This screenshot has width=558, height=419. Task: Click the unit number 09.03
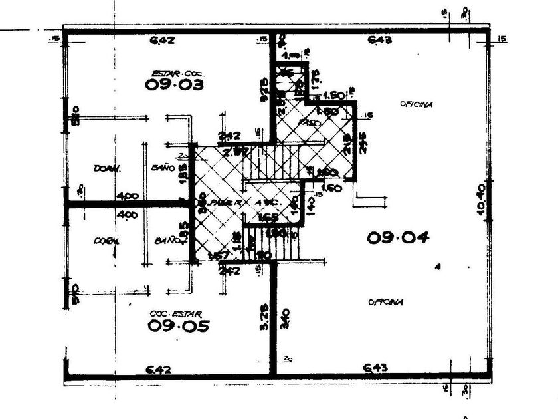click(x=173, y=84)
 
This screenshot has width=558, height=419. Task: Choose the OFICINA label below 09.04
click(x=386, y=302)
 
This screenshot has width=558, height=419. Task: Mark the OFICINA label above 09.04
click(x=417, y=104)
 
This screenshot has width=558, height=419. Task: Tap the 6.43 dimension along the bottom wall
click(x=377, y=368)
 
